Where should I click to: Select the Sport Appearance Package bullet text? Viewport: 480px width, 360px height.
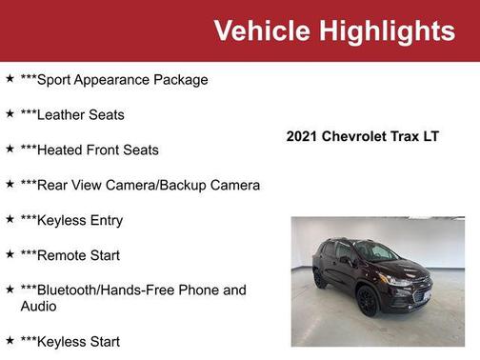coord(113,79)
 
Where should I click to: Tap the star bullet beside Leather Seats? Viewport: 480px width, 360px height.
coord(10,113)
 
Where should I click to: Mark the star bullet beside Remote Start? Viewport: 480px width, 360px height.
coord(10,254)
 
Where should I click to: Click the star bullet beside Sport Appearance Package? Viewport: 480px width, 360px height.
coord(10,78)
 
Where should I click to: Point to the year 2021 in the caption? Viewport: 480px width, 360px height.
coord(302,136)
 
